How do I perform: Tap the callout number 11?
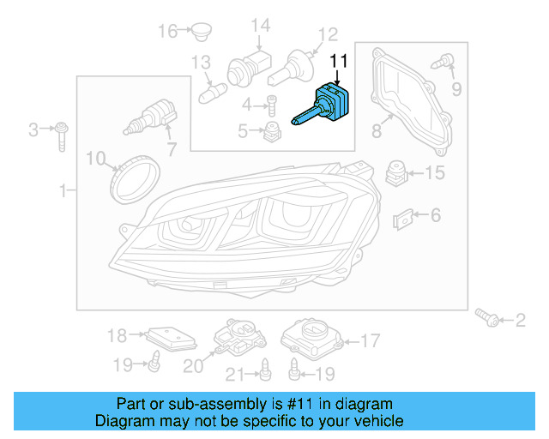[340, 61]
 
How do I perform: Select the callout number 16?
[166, 32]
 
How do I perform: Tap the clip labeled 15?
[396, 173]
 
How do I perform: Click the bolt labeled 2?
[487, 320]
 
